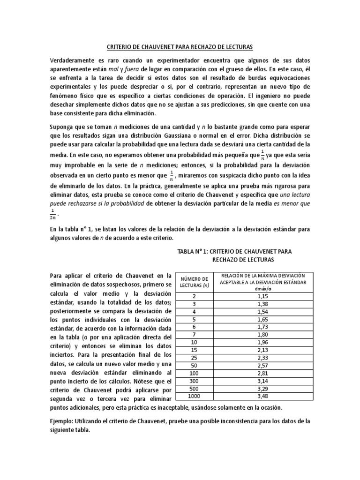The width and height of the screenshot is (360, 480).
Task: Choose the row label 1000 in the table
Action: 194,397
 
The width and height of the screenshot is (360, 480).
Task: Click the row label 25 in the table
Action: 194,358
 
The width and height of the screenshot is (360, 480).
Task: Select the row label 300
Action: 194,381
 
